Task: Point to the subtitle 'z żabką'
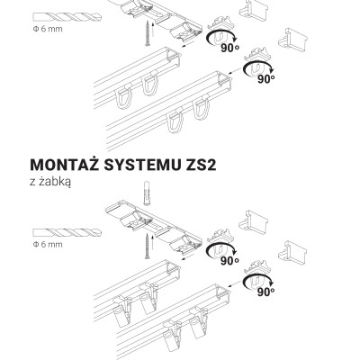coord(50,183)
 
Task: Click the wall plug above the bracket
coord(147,193)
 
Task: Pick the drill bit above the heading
coord(67,16)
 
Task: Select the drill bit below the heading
coord(67,232)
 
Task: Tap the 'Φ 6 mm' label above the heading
coord(48,29)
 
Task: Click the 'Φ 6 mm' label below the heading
coord(48,245)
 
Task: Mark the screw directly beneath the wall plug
coord(147,246)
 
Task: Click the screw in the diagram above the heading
coord(148,33)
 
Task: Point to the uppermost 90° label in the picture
coord(230,48)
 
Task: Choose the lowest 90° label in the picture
coord(265,292)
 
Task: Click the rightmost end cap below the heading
coord(292,250)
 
